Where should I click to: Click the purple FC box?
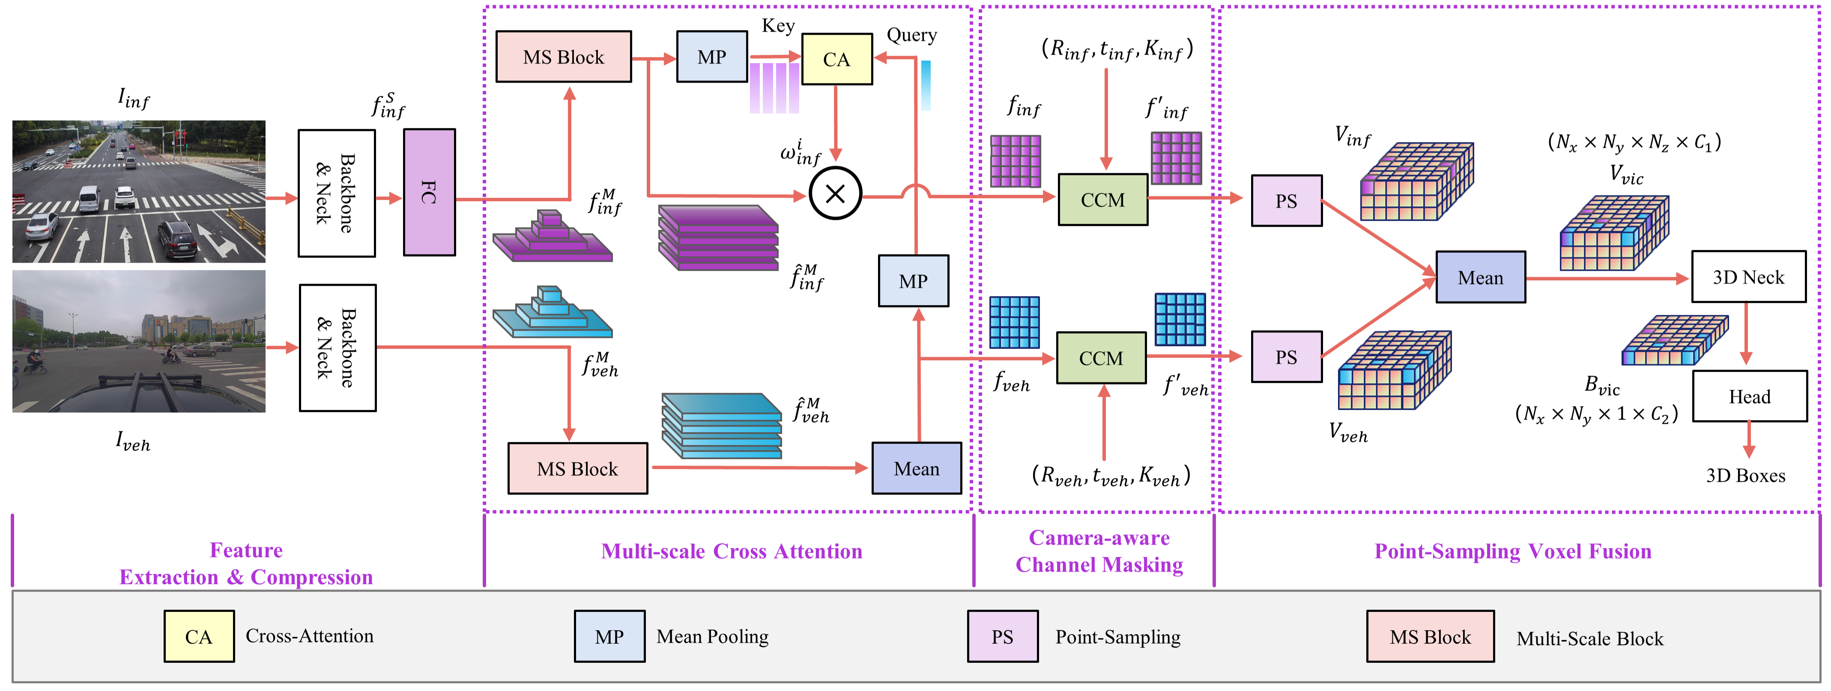(429, 192)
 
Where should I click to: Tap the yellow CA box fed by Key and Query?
(836, 59)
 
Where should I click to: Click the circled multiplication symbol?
(835, 193)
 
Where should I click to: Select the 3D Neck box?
(1748, 276)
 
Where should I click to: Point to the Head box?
(1749, 396)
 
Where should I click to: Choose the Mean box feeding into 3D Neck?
(1481, 277)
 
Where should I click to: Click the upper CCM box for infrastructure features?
(1102, 199)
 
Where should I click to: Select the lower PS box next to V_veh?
(1286, 356)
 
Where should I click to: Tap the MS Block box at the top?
(563, 57)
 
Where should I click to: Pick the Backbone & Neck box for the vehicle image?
(337, 348)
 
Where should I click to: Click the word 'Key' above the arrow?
(778, 26)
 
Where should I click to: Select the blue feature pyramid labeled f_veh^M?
(552, 312)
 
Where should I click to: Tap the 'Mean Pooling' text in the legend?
(712, 636)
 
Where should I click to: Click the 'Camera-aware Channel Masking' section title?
(1099, 551)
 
